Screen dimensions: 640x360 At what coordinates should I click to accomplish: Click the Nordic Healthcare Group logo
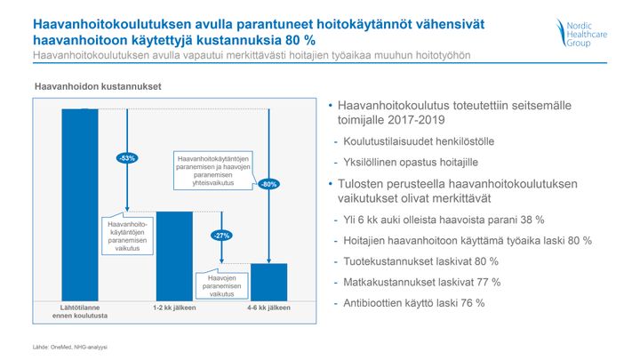[581, 33]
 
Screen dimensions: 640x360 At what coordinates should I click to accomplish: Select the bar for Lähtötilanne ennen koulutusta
[80, 205]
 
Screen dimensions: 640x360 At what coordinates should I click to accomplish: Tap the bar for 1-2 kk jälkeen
[174, 256]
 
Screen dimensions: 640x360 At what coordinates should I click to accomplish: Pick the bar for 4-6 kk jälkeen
[268, 283]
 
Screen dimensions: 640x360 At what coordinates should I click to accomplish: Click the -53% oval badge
[127, 158]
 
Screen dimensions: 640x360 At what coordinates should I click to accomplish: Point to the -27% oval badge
[221, 236]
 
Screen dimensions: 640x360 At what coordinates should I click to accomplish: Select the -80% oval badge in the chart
[269, 184]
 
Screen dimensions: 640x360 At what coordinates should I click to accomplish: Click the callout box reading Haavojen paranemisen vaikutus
[221, 285]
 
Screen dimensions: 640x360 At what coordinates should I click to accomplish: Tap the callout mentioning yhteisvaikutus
[213, 171]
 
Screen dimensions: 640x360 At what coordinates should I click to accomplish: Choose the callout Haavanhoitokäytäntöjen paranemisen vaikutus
[127, 236]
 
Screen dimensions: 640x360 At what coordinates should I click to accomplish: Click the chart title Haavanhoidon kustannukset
[98, 86]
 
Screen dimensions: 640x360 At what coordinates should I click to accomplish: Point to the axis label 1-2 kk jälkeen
[174, 308]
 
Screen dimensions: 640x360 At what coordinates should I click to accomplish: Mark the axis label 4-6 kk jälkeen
[268, 308]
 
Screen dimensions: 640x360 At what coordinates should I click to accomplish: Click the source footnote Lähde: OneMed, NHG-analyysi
[70, 347]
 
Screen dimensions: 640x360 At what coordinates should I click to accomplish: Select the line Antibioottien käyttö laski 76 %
[414, 303]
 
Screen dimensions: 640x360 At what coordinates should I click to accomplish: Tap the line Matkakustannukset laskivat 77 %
[421, 282]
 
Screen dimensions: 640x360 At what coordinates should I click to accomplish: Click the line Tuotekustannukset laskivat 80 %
[420, 261]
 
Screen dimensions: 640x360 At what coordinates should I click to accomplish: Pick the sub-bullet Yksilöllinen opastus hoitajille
[410, 162]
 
